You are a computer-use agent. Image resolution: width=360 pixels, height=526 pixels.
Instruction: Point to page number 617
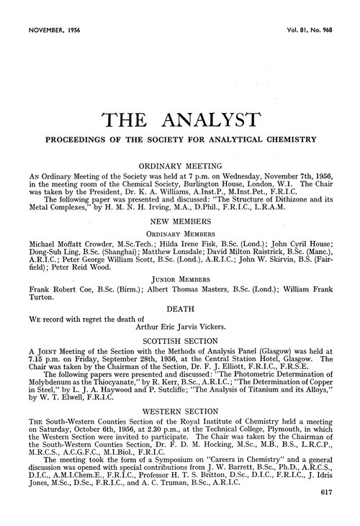pyautogui.click(x=325, y=514)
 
